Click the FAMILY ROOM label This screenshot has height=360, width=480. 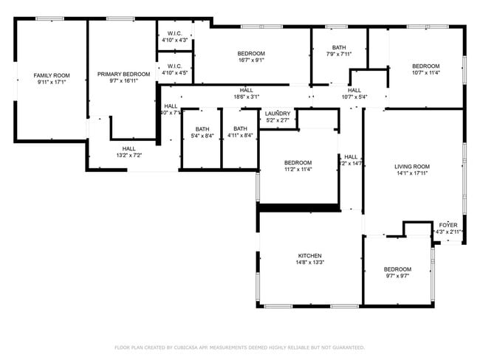point(52,75)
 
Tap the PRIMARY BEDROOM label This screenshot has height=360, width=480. point(123,75)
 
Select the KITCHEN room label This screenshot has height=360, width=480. point(309,255)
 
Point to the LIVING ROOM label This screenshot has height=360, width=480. point(411,167)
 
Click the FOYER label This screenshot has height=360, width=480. point(448,224)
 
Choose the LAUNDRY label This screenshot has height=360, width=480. point(278,114)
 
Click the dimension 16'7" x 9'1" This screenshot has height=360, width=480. point(251,60)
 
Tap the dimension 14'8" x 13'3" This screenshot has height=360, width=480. point(309,263)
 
